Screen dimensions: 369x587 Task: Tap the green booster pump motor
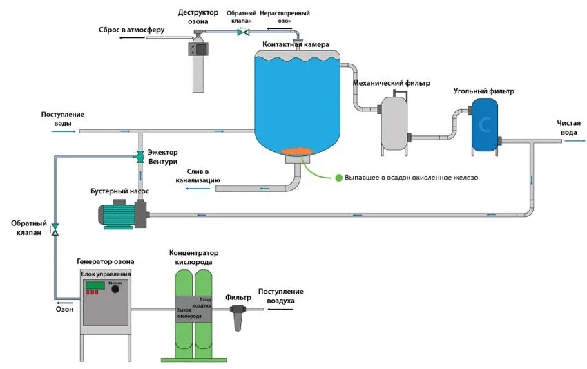[118, 215]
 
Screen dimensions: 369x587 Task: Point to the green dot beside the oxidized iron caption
[339, 178]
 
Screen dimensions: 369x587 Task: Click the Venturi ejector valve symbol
[139, 154]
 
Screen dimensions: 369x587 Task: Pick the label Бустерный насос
[119, 191]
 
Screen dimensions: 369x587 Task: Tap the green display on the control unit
[95, 285]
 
